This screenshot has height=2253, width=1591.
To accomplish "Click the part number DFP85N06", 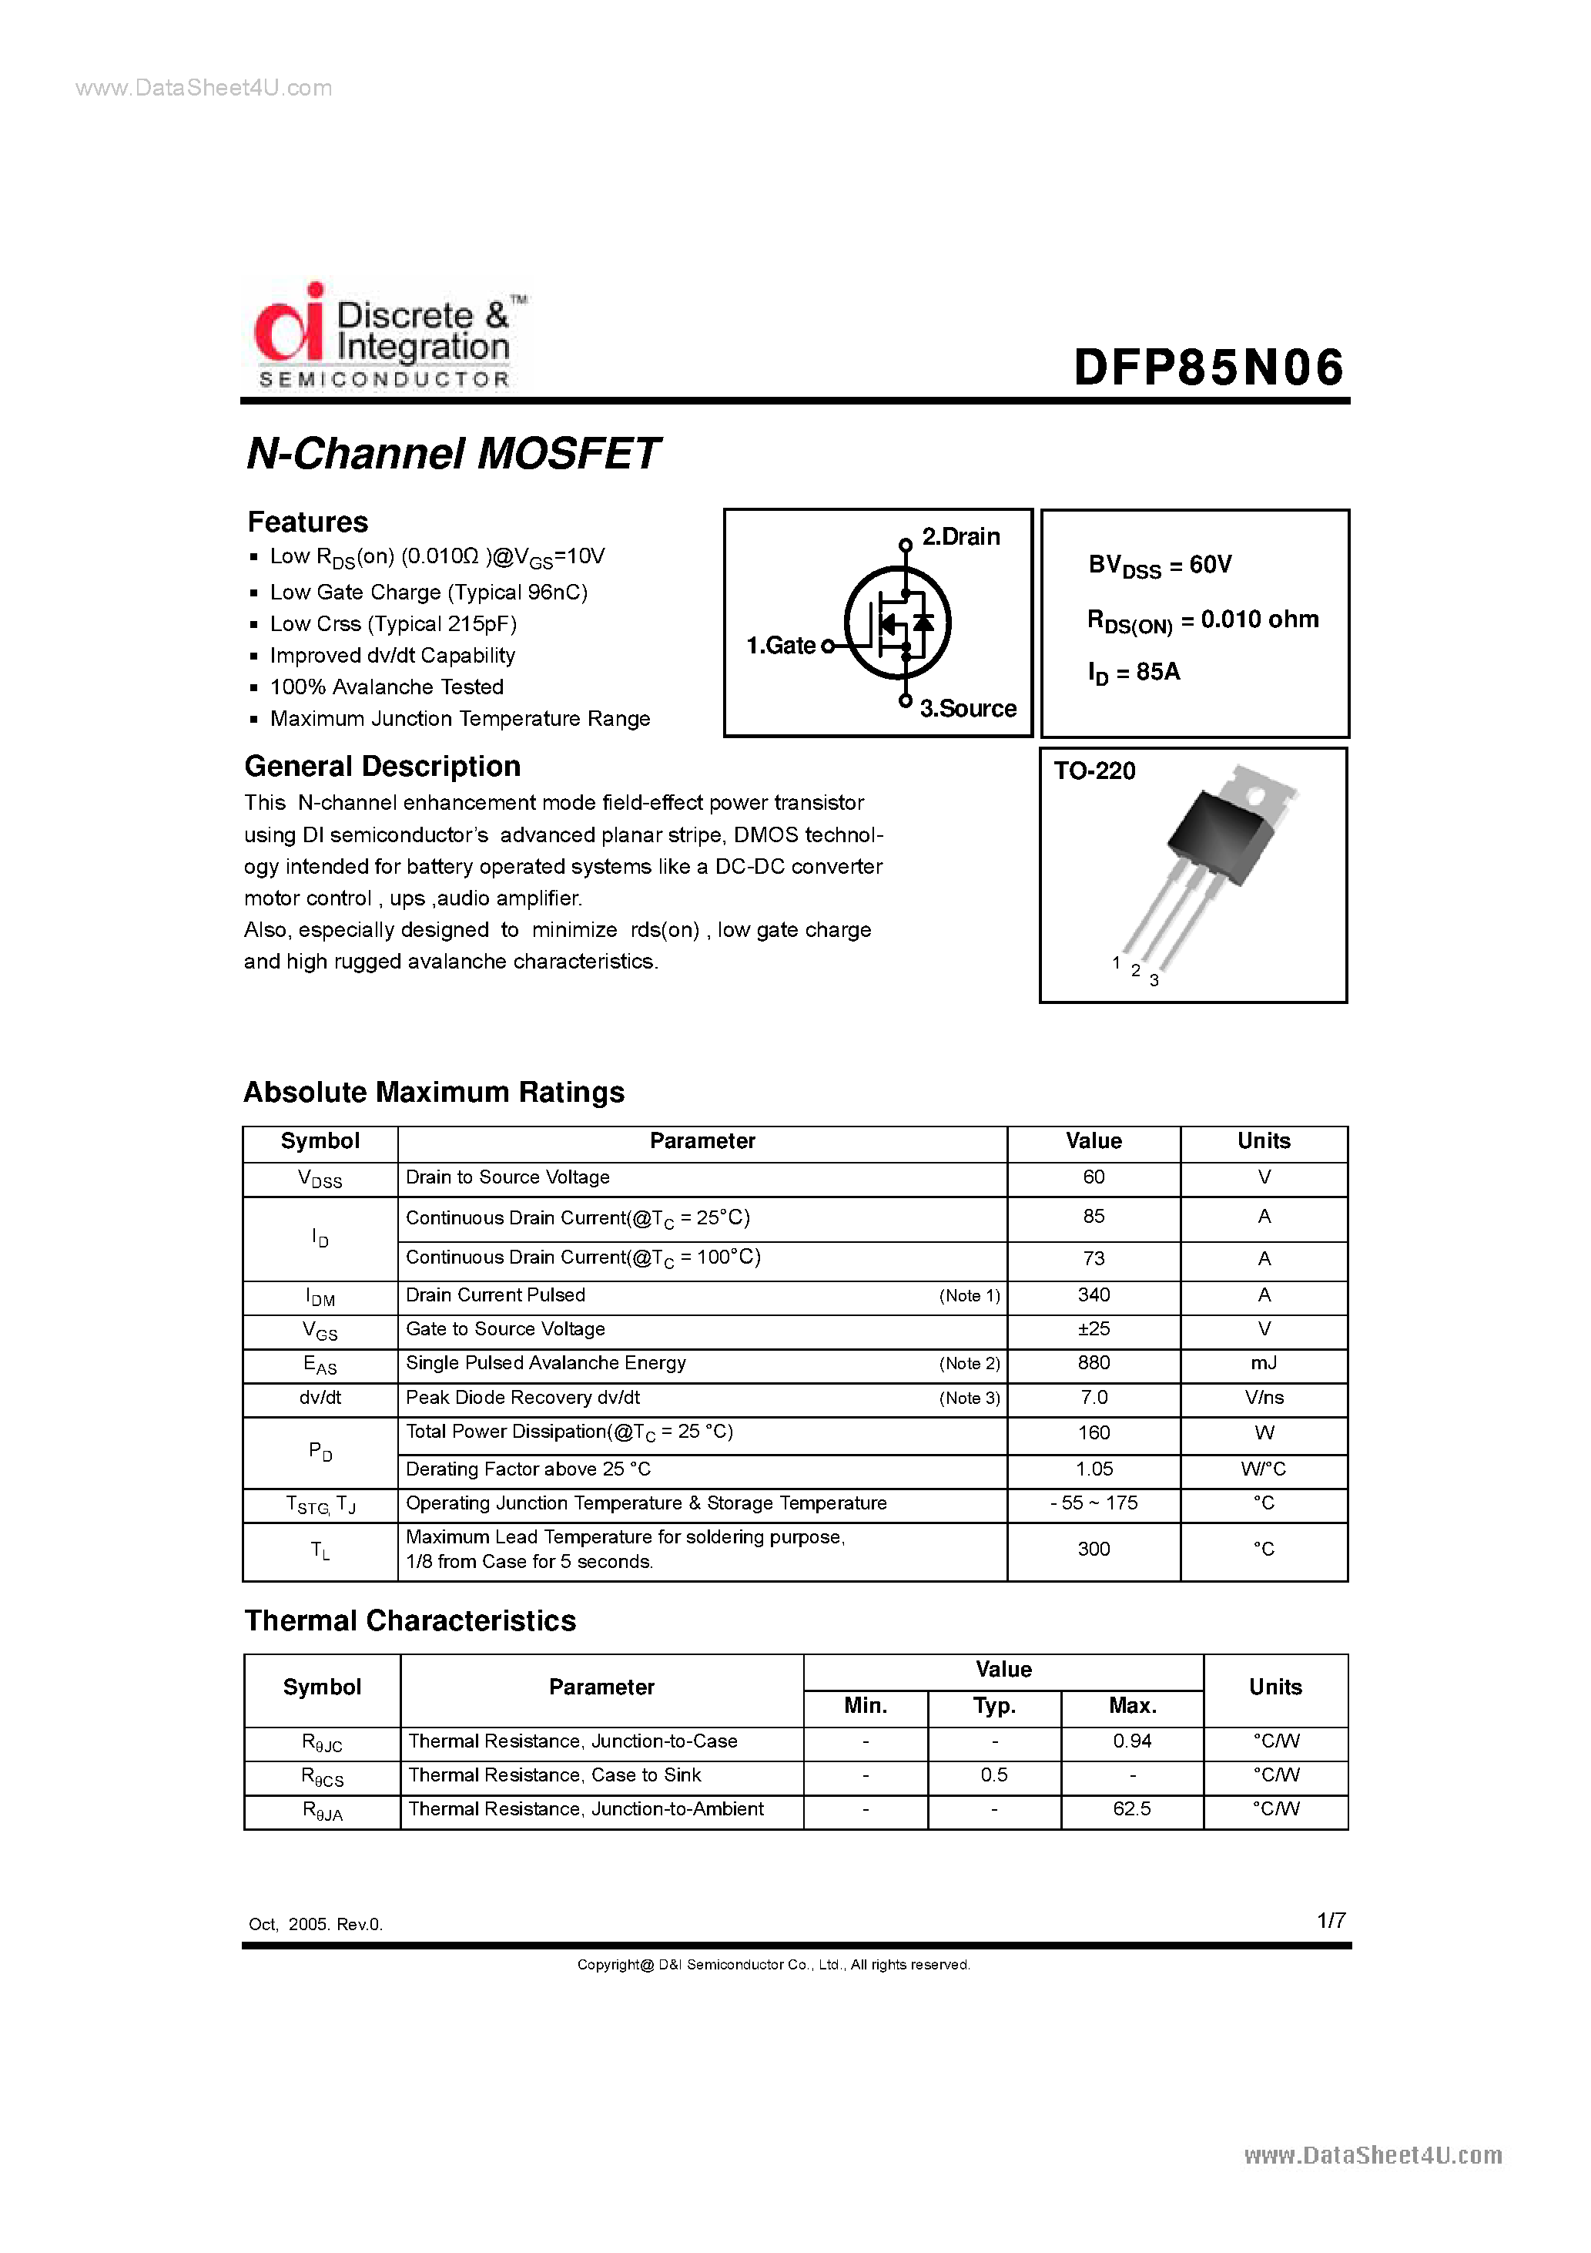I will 1207,368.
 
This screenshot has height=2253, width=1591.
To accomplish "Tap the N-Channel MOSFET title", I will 452,453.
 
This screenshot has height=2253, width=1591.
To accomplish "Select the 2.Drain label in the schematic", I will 960,537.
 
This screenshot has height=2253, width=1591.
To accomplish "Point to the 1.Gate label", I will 781,646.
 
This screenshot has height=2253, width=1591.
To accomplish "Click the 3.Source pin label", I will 967,708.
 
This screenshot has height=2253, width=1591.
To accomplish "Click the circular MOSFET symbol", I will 897,623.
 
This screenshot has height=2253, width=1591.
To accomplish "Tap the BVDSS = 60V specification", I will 1160,566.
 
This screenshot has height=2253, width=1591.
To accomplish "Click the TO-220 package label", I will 1094,771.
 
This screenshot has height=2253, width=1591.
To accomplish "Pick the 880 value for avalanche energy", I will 1093,1363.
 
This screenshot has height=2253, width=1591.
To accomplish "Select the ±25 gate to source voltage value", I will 1093,1328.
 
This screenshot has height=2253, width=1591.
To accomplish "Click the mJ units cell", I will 1264,1363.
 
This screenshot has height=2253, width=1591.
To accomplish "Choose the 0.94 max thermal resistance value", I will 1132,1741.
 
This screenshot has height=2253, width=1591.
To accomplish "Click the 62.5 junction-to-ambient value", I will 1132,1808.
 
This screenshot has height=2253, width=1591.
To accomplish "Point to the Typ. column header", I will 993,1705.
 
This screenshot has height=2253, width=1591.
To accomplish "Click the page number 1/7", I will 1331,1920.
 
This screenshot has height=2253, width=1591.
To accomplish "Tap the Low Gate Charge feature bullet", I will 429,592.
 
